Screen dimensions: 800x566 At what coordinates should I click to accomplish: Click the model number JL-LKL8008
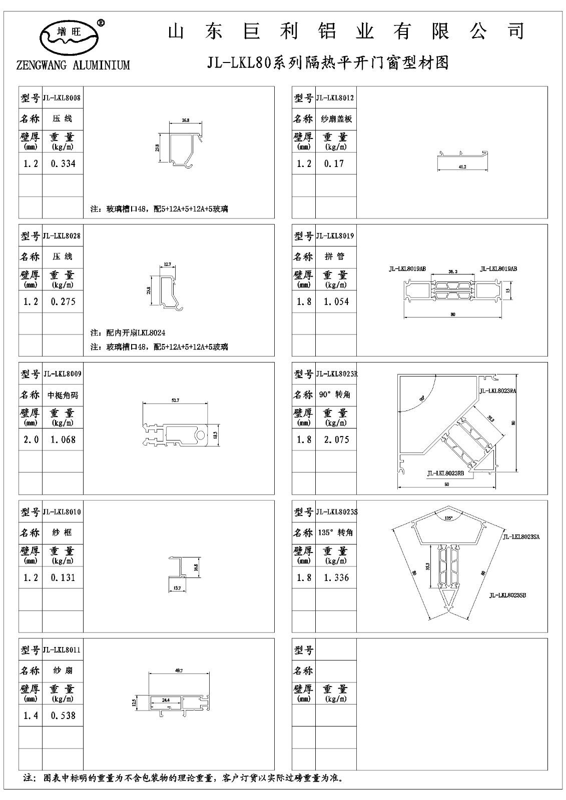(x=63, y=97)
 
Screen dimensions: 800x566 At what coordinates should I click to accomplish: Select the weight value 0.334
(x=63, y=163)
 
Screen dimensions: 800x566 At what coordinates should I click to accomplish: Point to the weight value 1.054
(x=336, y=301)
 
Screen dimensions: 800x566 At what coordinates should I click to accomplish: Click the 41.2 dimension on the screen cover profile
(x=462, y=166)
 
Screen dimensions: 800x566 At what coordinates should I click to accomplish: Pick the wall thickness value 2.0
(x=31, y=439)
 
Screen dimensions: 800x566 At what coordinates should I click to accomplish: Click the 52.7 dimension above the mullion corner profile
(x=175, y=400)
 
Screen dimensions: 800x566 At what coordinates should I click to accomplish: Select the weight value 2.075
(x=336, y=439)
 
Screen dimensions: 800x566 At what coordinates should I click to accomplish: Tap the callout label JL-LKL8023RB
(x=445, y=472)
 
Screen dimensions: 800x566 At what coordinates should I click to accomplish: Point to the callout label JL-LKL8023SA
(x=523, y=536)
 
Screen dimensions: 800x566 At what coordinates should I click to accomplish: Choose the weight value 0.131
(x=63, y=577)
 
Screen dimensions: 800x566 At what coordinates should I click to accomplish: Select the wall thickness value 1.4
(x=31, y=715)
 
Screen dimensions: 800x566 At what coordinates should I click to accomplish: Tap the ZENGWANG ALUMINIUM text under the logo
(x=73, y=65)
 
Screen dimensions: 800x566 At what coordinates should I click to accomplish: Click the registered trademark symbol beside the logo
(x=100, y=22)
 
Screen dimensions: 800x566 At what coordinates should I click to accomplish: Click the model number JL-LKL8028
(x=63, y=235)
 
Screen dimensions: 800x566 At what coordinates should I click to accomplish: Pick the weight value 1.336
(x=336, y=577)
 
